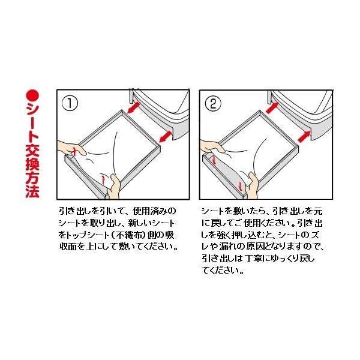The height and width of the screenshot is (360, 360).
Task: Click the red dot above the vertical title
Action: click(x=32, y=95)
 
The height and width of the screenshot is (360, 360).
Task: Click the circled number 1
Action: click(x=70, y=103)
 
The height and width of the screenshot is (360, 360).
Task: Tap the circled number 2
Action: click(x=213, y=103)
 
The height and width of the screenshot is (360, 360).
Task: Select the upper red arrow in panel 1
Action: click(x=134, y=107)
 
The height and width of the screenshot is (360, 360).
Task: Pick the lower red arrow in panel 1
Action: click(x=166, y=136)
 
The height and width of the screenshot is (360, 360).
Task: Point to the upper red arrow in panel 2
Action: click(x=272, y=107)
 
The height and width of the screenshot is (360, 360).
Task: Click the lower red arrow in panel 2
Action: click(x=304, y=137)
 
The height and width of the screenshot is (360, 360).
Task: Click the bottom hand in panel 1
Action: click(x=114, y=187)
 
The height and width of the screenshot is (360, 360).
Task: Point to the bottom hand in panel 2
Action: click(x=251, y=185)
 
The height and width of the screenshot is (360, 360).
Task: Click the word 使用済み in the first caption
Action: click(x=151, y=211)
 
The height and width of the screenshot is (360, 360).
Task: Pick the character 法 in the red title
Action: click(x=32, y=191)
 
